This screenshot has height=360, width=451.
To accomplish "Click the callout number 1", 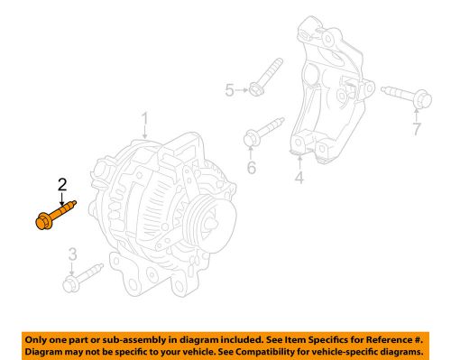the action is tap(143, 119).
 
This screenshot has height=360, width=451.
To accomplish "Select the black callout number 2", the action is tap(62, 185).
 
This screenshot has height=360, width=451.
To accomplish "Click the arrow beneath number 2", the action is tap(62, 198).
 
